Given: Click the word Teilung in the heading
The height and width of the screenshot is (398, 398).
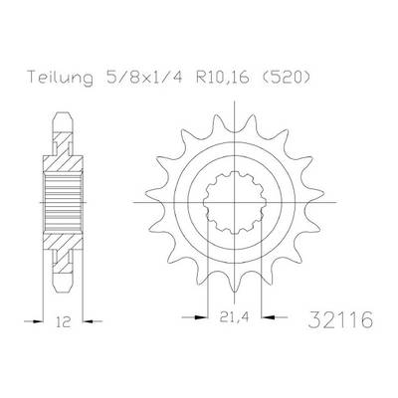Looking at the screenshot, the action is (60, 78).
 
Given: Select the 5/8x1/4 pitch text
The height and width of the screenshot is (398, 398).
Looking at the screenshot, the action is (141, 77).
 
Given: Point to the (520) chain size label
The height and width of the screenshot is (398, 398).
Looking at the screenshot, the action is (283, 77).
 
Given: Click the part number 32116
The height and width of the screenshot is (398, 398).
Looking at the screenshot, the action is (340, 319).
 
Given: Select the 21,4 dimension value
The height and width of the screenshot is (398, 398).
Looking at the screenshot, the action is (234, 317).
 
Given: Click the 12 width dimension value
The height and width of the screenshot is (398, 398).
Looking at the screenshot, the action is (64, 321).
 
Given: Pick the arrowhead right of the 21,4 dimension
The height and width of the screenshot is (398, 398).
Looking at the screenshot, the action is (268, 317).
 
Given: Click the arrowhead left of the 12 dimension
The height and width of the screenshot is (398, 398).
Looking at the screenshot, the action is (38, 321).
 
